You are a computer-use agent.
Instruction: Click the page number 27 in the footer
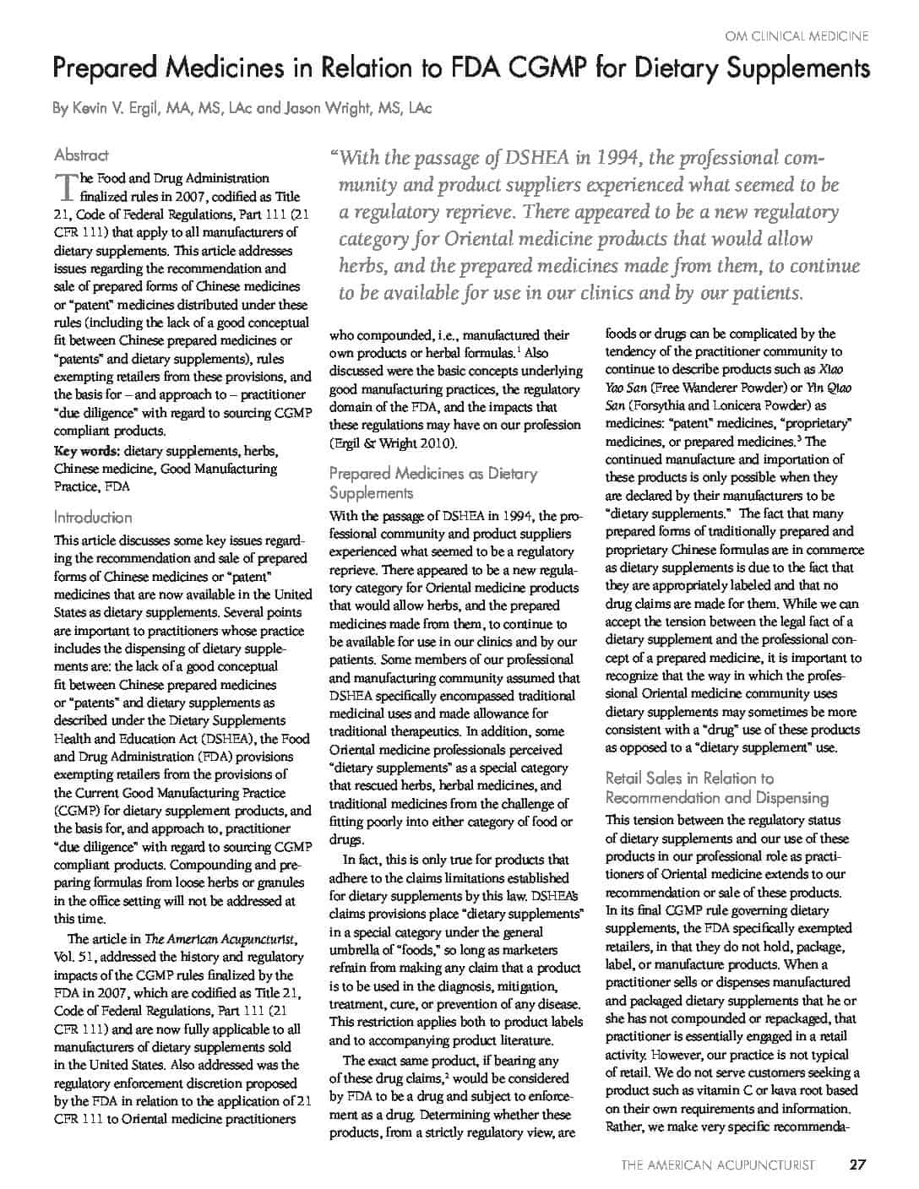(x=857, y=1165)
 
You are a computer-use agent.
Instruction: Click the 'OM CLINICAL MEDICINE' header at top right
(x=797, y=36)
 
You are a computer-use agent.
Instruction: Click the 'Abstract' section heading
(x=81, y=155)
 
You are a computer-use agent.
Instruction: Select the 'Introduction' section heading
(x=93, y=518)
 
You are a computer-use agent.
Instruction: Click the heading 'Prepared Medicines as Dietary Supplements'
(x=432, y=483)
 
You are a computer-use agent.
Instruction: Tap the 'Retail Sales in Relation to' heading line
(x=689, y=779)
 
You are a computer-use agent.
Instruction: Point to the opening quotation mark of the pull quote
(x=334, y=157)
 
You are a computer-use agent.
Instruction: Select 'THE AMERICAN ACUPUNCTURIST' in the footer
(x=718, y=1165)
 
